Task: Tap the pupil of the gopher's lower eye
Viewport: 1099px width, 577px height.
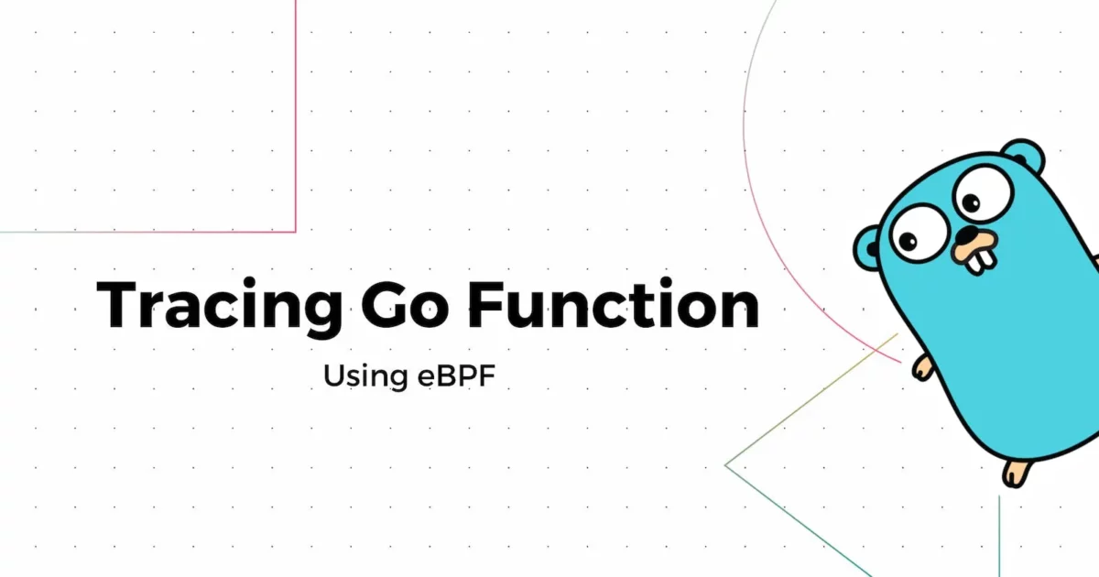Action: [x=909, y=242]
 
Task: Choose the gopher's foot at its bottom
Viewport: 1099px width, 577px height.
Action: [x=1016, y=473]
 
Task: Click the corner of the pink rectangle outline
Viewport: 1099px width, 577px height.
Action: [x=296, y=231]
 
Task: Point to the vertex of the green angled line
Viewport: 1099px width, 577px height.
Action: [x=726, y=464]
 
